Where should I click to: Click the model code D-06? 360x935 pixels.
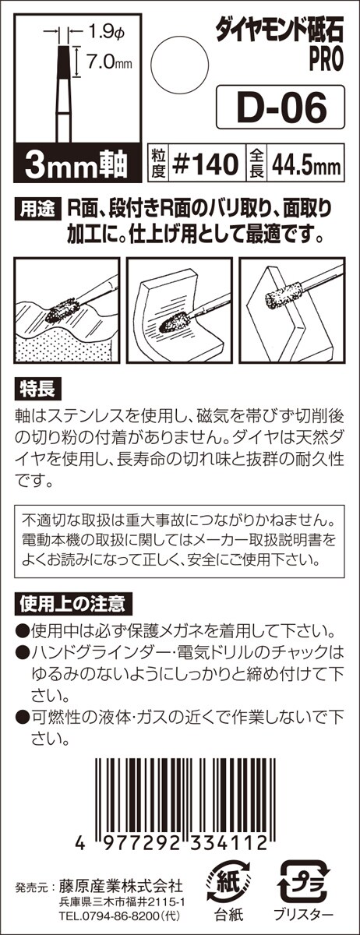[281, 108]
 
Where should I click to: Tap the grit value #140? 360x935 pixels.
[206, 164]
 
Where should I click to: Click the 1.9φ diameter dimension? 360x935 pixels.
[105, 32]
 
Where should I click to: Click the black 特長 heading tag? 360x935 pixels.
[37, 390]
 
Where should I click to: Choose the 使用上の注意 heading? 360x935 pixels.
[73, 604]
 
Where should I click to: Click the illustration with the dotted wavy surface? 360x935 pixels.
[67, 311]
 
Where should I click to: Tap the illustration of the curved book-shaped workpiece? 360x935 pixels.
[179, 311]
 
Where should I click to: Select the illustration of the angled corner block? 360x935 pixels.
[292, 311]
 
